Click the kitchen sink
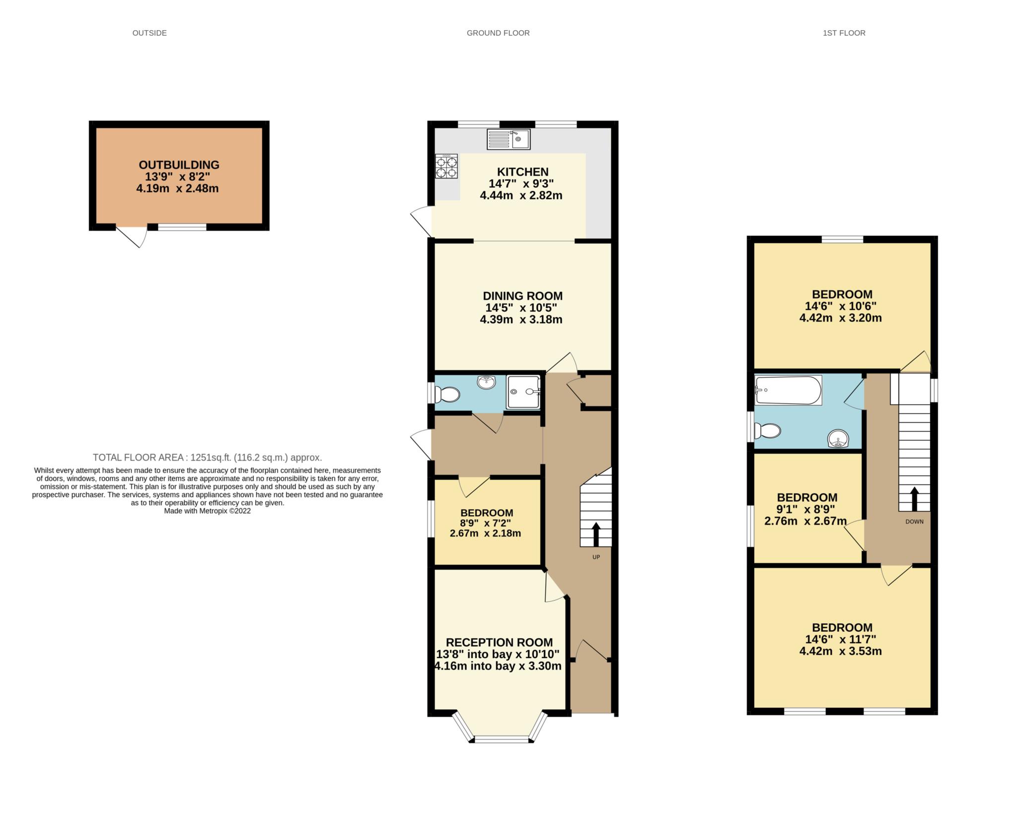(509, 139)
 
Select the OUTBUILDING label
(179, 165)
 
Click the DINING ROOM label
(523, 296)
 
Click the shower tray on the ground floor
(523, 392)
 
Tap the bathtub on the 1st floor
(788, 390)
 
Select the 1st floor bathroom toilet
(767, 431)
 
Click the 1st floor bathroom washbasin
(839, 438)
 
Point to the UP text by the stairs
(596, 557)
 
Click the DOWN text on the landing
(914, 522)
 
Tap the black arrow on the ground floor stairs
(596, 534)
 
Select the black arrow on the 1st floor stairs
(914, 499)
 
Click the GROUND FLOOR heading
(498, 33)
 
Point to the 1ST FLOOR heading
(844, 33)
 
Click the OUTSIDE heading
(149, 33)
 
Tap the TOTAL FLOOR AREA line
(208, 457)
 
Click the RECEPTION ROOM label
(499, 642)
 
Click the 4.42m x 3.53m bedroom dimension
(840, 651)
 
